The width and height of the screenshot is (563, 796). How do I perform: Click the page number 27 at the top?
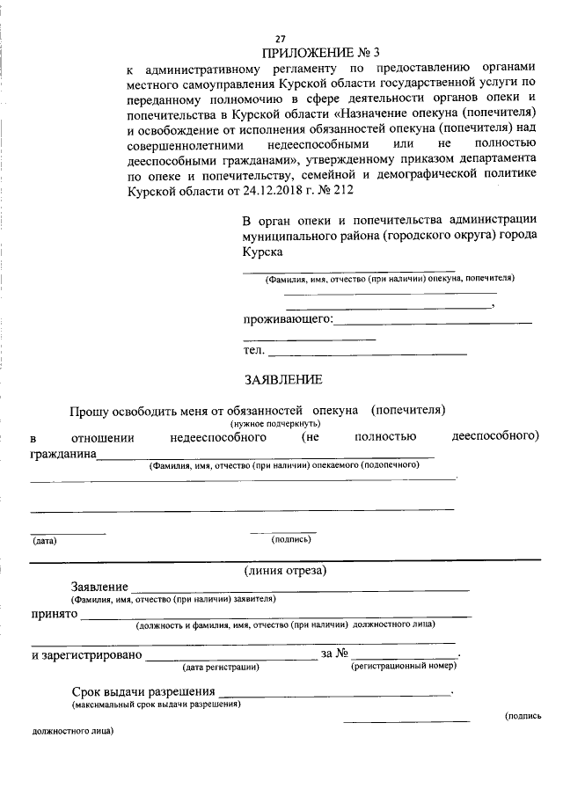pyautogui.click(x=281, y=39)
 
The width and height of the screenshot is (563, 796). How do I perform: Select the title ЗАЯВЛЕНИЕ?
pyautogui.click(x=283, y=380)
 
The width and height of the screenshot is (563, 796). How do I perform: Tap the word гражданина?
pyautogui.click(x=62, y=454)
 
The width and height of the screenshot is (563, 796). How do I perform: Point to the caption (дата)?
pyautogui.click(x=45, y=540)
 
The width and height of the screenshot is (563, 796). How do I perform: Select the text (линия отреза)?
pyautogui.click(x=286, y=571)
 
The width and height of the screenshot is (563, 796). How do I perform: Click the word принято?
pyautogui.click(x=54, y=615)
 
